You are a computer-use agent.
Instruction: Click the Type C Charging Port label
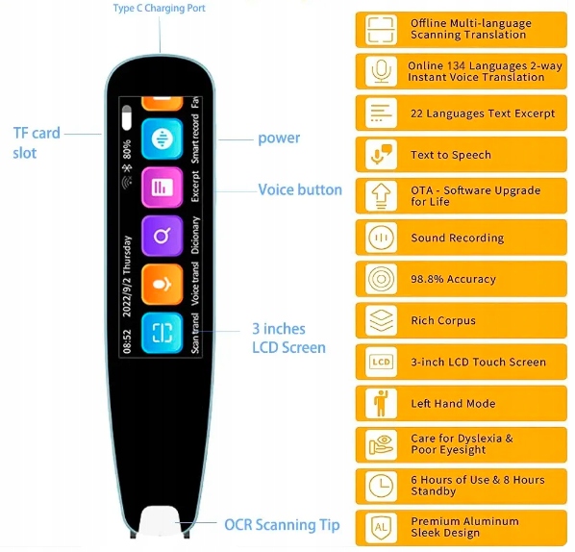[160, 8]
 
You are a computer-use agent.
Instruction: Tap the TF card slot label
[37, 142]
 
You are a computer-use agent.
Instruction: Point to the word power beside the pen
[279, 138]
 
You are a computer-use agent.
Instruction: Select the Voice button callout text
[300, 189]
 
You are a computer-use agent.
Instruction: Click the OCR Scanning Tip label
[282, 524]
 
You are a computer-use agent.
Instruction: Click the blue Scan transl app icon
[162, 333]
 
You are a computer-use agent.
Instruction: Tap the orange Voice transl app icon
[162, 285]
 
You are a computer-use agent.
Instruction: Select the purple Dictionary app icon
[162, 236]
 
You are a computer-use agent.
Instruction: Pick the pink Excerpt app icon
[162, 188]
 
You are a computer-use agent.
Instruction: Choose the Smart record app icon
[162, 139]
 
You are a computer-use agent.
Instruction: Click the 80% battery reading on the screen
[127, 149]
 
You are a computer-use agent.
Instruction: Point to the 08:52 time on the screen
[127, 341]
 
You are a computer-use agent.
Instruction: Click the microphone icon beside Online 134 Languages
[381, 71]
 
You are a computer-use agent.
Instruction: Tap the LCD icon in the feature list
[381, 362]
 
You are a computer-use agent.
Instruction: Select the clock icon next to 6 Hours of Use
[381, 487]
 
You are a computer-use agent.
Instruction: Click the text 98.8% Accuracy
[453, 279]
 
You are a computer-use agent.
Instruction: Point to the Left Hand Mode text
[453, 404]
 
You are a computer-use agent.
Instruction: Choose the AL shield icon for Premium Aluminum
[381, 528]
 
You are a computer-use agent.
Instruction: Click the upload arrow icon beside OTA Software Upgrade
[381, 196]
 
